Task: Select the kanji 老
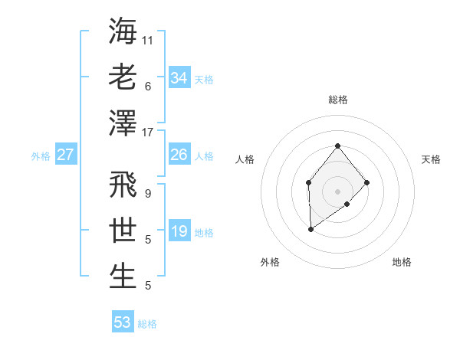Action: pyautogui.click(x=123, y=77)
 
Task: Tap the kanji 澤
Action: pyautogui.click(x=123, y=123)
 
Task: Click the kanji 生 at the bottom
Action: pyautogui.click(x=123, y=276)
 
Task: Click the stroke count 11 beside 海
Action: pyautogui.click(x=148, y=39)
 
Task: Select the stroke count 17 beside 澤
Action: pyautogui.click(x=148, y=133)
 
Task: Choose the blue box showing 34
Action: pyautogui.click(x=179, y=78)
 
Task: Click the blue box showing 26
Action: pyautogui.click(x=179, y=155)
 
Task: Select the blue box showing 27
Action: pyautogui.click(x=65, y=155)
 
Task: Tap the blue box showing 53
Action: pyautogui.click(x=123, y=322)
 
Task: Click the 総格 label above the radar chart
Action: pyautogui.click(x=337, y=100)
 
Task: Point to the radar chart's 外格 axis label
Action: pyautogui.click(x=270, y=262)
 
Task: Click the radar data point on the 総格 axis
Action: pyautogui.click(x=337, y=146)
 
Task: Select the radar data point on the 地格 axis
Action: pyautogui.click(x=347, y=204)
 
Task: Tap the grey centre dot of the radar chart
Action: pyautogui.click(x=337, y=191)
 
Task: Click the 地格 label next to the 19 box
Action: pyautogui.click(x=204, y=233)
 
